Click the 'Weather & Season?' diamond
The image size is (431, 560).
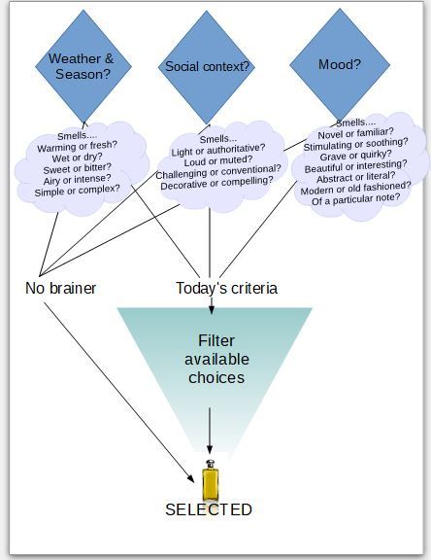coord(83,66)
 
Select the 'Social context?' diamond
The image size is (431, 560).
coord(207,67)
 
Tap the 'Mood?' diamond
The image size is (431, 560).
coord(340,65)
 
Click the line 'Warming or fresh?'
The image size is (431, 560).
coord(77,147)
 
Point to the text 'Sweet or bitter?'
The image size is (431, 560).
coord(78,168)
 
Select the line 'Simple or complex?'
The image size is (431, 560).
coord(78,190)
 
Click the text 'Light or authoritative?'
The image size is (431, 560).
coord(218,150)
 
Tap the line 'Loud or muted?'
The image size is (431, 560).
coord(218,160)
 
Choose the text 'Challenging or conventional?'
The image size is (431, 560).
coord(218,172)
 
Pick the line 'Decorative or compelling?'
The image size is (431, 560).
coord(216,183)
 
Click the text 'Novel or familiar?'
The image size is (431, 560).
coord(355,133)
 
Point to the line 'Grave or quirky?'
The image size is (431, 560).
coord(355,156)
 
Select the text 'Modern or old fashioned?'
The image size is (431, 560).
coord(356,188)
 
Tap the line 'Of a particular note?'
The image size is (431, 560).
coord(356,199)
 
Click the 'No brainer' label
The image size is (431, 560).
coord(60,288)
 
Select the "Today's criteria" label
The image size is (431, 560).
coord(227,289)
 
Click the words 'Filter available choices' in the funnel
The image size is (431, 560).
coord(216,359)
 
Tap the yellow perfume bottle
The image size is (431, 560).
coord(211,480)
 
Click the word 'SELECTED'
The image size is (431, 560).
coord(209,509)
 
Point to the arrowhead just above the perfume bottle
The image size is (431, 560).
coord(210,449)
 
